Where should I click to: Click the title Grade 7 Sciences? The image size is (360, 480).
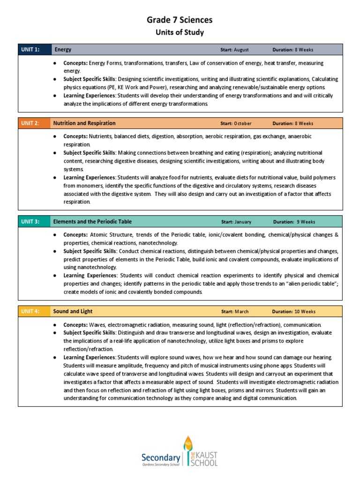[x=180, y=20]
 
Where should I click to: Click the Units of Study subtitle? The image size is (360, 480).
[x=180, y=32]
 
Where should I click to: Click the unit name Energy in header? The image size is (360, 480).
[x=63, y=50]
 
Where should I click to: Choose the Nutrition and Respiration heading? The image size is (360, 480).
[x=84, y=123]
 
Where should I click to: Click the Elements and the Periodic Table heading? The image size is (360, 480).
[x=92, y=222]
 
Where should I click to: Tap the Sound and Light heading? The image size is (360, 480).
[x=73, y=311]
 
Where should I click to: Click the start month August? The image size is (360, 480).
[x=241, y=50]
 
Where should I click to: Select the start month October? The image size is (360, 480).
[x=243, y=124]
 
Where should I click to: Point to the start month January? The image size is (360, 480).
[x=243, y=222]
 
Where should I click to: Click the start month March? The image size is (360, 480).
[x=241, y=312]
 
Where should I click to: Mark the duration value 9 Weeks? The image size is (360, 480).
[x=305, y=222]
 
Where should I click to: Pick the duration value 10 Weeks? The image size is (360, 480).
[x=305, y=312]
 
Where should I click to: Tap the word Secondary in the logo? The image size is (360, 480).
[x=161, y=457]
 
